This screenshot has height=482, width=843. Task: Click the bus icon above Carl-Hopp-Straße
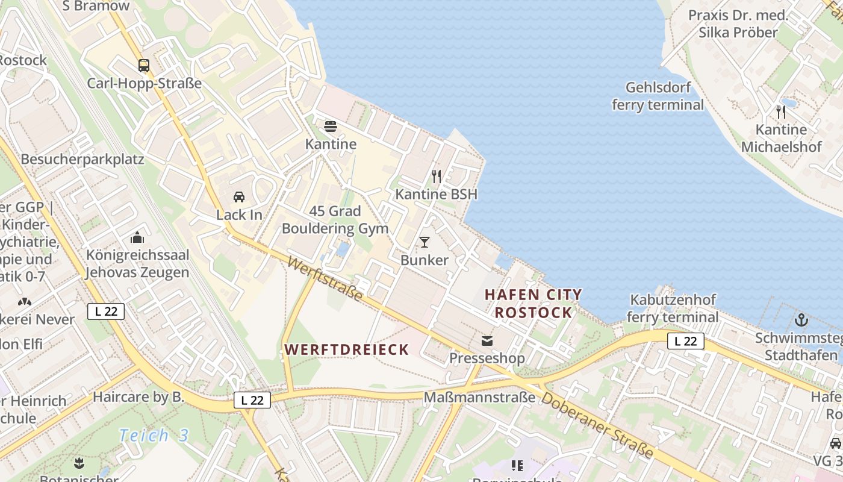tap(143, 66)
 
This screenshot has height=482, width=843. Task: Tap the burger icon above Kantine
tap(330, 127)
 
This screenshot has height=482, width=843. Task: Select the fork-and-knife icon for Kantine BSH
tap(437, 177)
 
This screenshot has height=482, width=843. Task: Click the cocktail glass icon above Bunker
tap(425, 242)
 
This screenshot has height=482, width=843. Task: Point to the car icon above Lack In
tap(239, 197)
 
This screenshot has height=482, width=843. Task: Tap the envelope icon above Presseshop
tap(487, 341)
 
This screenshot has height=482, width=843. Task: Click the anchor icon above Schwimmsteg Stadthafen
tap(801, 320)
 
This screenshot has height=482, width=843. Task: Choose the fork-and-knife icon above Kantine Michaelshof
tap(781, 111)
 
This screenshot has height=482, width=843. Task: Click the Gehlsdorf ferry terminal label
tap(658, 96)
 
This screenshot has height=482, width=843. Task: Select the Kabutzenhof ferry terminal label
tap(673, 308)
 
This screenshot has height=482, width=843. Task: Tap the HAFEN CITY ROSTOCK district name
tap(533, 304)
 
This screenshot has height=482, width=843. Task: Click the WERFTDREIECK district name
tap(347, 349)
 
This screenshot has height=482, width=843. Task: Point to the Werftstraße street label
tap(325, 279)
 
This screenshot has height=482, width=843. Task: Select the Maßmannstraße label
tap(479, 398)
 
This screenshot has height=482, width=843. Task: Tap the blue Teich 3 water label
tap(154, 435)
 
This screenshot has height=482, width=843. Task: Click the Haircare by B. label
tap(138, 398)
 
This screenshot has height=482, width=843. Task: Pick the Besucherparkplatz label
tap(82, 160)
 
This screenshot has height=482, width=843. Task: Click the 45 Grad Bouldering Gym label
tap(335, 220)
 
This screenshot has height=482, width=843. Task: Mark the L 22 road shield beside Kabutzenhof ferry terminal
tap(685, 341)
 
